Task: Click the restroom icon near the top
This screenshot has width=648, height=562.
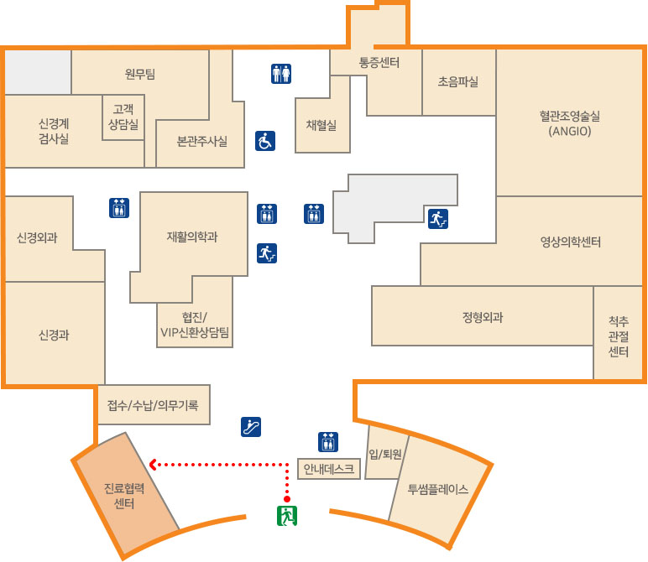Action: tap(281, 75)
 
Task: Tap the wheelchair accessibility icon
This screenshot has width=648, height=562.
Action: tap(265, 141)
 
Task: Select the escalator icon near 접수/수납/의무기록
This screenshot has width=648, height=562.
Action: tap(251, 426)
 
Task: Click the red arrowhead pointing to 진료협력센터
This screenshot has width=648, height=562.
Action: tap(153, 463)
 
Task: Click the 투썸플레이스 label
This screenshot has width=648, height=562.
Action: tap(437, 489)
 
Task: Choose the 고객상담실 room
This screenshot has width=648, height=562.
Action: tap(123, 116)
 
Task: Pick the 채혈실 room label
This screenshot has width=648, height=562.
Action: tap(321, 125)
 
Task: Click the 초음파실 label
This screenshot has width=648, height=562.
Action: tap(458, 82)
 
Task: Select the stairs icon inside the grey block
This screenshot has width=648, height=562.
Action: tap(437, 219)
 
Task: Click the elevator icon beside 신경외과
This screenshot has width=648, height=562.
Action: tap(118, 207)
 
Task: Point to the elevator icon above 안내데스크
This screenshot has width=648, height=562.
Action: tap(327, 441)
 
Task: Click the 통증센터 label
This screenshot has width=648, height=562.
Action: tap(379, 62)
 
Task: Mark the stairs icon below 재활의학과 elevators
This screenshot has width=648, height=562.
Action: tap(267, 252)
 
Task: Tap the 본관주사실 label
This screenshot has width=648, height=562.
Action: tap(201, 141)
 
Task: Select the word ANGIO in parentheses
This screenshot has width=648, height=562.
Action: tap(571, 132)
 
